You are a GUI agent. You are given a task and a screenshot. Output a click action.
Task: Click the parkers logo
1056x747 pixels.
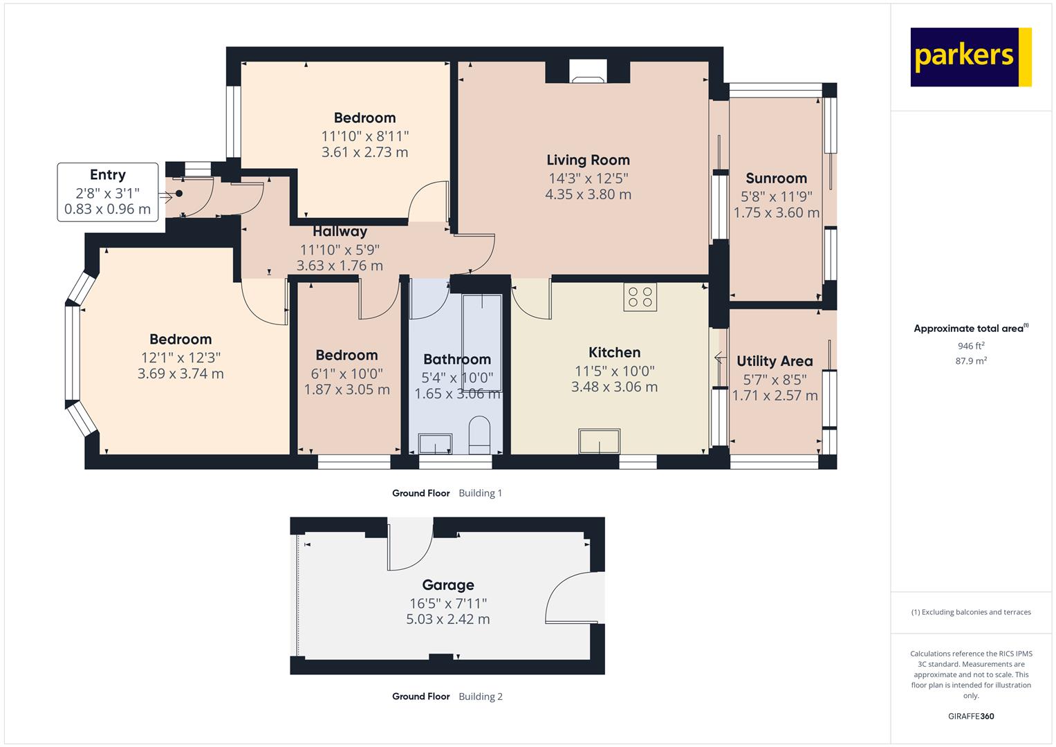click(971, 57)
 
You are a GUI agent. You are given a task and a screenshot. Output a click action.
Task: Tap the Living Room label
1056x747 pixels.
click(588, 160)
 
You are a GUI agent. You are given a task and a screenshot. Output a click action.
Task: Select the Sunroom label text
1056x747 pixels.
click(776, 178)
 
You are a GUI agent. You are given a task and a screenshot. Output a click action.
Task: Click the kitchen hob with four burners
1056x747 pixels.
click(640, 297)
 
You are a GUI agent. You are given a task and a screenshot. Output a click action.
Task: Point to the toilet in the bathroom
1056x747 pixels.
click(479, 434)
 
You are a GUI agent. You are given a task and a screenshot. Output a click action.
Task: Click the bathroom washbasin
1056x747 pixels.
click(435, 444)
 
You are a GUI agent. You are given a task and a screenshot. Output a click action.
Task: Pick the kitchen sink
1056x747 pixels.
click(599, 441)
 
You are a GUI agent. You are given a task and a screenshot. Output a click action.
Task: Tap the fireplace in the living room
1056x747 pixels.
click(588, 71)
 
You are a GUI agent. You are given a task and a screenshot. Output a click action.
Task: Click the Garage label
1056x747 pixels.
click(448, 584)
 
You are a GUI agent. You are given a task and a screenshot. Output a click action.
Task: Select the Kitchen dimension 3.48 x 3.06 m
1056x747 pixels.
click(614, 387)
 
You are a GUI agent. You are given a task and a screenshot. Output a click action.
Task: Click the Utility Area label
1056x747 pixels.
click(775, 361)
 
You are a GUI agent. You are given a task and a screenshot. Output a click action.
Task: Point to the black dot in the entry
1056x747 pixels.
click(179, 194)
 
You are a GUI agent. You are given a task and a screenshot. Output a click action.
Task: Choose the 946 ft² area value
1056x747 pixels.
click(971, 346)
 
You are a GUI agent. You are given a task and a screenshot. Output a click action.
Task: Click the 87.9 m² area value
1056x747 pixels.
click(971, 361)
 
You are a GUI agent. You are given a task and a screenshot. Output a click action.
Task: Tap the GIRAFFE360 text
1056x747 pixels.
click(971, 716)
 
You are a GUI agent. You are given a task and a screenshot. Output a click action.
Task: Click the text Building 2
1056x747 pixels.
click(481, 697)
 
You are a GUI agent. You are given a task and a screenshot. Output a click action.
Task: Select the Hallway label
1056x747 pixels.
click(340, 231)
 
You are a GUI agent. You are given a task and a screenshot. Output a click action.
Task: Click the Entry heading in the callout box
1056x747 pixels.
click(107, 175)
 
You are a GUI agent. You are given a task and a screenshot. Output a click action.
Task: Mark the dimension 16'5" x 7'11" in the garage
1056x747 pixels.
click(448, 603)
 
